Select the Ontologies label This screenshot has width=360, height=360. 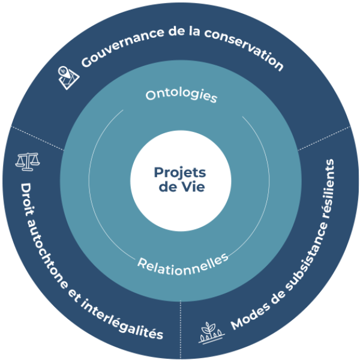point(181,95)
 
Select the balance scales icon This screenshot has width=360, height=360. point(26,161)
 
